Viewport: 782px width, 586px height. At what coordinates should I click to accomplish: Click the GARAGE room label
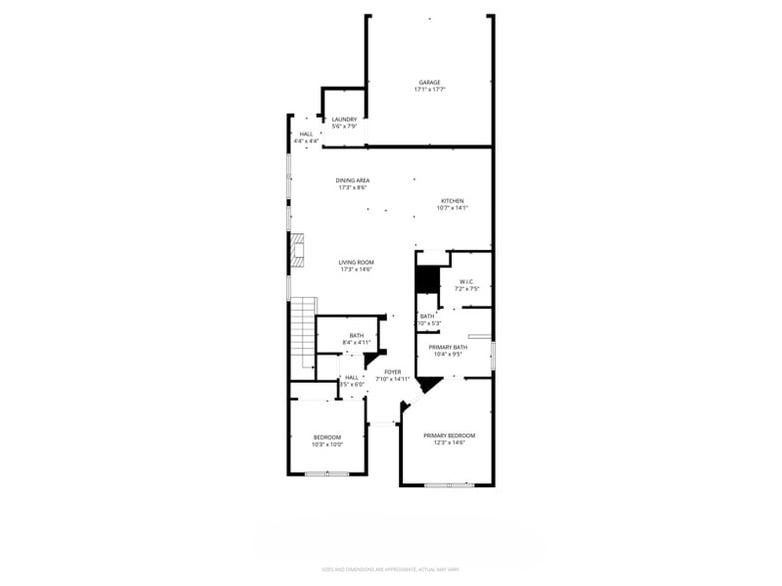(429, 83)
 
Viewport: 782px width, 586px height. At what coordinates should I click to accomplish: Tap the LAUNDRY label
(344, 120)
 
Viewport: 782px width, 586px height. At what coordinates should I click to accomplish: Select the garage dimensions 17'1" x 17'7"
(429, 90)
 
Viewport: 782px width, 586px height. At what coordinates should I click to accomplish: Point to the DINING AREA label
(353, 180)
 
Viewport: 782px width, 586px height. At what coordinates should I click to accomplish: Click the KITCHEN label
(452, 200)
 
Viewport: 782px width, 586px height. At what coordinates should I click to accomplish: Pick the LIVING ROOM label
(356, 262)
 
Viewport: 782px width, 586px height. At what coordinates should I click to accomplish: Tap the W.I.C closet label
(466, 282)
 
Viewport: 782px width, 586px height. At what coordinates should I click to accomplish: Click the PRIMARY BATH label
(449, 347)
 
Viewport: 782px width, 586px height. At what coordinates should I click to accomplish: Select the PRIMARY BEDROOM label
(449, 436)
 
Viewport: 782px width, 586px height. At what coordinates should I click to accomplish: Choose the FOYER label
(392, 372)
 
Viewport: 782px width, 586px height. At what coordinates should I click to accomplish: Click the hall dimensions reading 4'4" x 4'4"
(307, 142)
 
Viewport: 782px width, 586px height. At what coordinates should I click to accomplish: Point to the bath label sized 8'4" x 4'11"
(356, 336)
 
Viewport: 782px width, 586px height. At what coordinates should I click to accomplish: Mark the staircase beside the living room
(303, 331)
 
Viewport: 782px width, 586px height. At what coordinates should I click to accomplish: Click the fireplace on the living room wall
(296, 251)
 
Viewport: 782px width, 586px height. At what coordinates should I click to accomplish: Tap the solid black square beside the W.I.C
(427, 280)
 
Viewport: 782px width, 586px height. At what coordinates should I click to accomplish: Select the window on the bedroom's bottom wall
(327, 474)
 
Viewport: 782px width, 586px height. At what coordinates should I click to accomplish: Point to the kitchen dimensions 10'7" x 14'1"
(452, 207)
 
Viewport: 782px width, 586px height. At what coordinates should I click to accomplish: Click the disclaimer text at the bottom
(390, 570)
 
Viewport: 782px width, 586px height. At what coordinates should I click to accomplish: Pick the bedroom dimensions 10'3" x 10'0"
(327, 444)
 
